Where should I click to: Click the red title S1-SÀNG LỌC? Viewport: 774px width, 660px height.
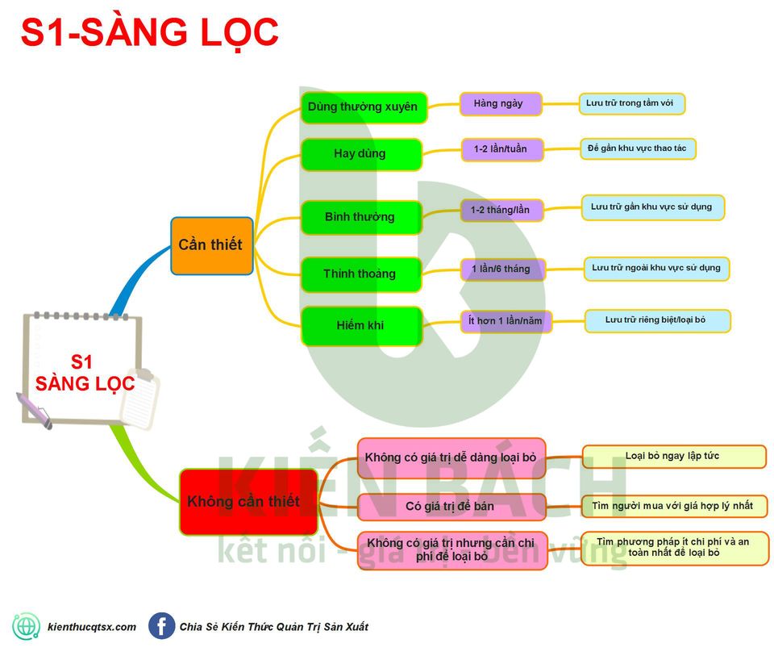pyautogui.click(x=149, y=33)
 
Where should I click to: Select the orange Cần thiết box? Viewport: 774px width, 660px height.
pyautogui.click(x=211, y=245)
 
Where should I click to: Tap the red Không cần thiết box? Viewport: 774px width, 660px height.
pyautogui.click(x=243, y=502)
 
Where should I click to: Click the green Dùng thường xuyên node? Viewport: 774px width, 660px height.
pyautogui.click(x=363, y=107)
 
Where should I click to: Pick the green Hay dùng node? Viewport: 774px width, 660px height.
pyautogui.click(x=360, y=154)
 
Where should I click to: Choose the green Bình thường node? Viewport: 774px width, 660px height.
pyautogui.click(x=360, y=217)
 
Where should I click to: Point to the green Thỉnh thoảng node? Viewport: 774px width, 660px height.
pyautogui.click(x=360, y=274)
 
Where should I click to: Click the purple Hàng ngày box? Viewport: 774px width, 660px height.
pyautogui.click(x=500, y=104)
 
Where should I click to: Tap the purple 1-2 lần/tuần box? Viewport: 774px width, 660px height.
pyautogui.click(x=501, y=149)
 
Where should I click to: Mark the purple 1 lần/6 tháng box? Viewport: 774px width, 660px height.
pyautogui.click(x=501, y=269)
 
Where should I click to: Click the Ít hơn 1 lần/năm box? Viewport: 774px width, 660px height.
pyautogui.click(x=506, y=321)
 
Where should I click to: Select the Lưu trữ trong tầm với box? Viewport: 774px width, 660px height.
pyautogui.click(x=632, y=103)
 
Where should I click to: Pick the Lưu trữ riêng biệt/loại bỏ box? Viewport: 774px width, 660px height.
pyautogui.click(x=656, y=320)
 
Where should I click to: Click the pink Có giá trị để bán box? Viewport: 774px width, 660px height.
pyautogui.click(x=451, y=507)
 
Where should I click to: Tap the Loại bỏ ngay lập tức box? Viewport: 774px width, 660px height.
pyautogui.click(x=672, y=457)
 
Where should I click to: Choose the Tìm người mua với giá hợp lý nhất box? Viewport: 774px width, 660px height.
pyautogui.click(x=672, y=506)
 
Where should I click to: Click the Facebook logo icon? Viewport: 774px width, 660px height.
pyautogui.click(x=161, y=626)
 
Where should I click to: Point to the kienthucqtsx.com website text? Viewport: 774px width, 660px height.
pyautogui.click(x=92, y=627)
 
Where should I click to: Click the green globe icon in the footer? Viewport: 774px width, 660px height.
pyautogui.click(x=26, y=626)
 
